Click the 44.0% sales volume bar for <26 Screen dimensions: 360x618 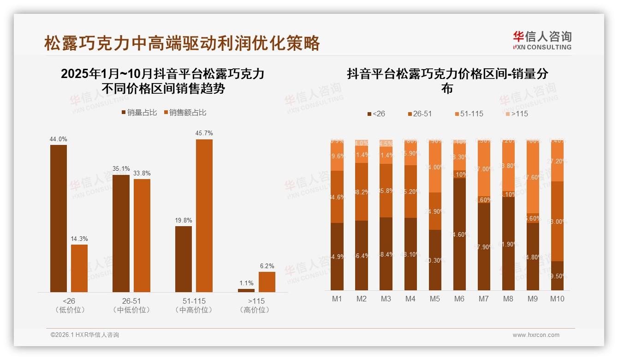coord(59,218)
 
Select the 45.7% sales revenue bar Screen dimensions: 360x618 coord(204,216)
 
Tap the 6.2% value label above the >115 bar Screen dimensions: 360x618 coord(267,266)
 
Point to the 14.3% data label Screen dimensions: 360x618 coord(79,239)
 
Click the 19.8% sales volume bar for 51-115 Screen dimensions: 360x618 coord(184,259)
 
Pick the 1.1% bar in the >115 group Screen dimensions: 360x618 coord(246,290)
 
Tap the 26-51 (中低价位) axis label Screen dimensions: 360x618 coord(131,305)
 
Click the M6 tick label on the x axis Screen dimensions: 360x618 coord(459,299)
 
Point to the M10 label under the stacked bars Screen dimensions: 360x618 coord(557,299)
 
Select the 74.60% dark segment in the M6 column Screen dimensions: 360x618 coord(459,234)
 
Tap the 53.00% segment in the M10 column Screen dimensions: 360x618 coord(557,221)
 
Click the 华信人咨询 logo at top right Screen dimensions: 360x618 coord(542,40)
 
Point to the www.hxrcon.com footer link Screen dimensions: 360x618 coord(536,335)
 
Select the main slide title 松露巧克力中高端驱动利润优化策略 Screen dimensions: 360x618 coord(182,43)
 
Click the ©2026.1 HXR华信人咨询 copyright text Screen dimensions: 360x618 coord(85,335)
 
